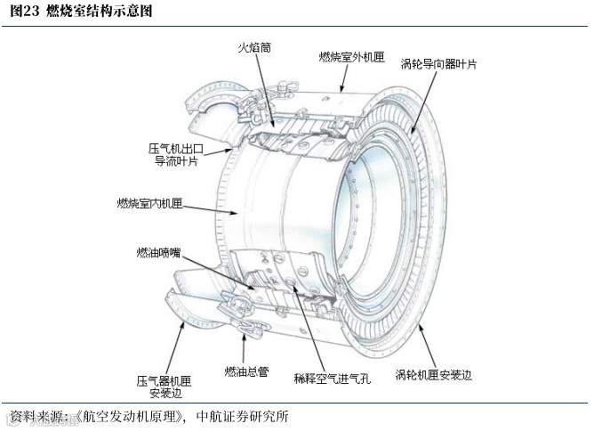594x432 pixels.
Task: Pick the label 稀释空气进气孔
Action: coord(331,377)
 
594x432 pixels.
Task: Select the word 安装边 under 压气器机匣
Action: coord(164,392)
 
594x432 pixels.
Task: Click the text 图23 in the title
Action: coord(23,12)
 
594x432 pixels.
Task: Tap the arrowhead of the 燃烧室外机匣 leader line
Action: coord(342,90)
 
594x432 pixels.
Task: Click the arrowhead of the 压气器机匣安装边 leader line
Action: coord(184,322)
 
